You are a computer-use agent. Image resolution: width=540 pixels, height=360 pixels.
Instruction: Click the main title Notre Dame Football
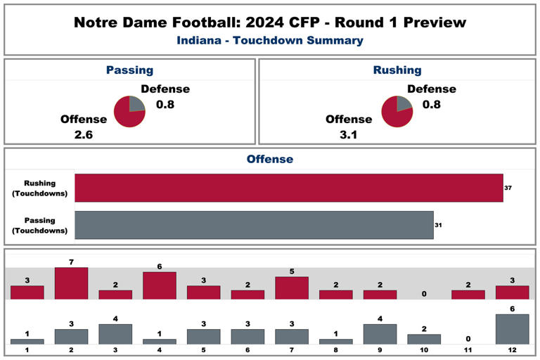click(x=270, y=22)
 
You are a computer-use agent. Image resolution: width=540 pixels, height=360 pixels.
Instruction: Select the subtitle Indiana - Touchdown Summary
click(x=270, y=41)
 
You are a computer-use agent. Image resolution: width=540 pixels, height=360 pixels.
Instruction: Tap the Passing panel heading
click(x=129, y=70)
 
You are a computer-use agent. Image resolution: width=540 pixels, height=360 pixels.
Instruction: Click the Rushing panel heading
click(x=397, y=70)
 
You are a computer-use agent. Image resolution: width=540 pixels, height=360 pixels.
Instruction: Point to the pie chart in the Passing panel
click(x=129, y=111)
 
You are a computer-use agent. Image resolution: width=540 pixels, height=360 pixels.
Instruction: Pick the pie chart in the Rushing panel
click(x=397, y=111)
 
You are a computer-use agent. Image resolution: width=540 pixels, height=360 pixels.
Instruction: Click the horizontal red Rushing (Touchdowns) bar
click(x=288, y=188)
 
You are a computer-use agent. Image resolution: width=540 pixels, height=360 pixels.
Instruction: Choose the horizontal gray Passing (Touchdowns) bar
click(x=254, y=225)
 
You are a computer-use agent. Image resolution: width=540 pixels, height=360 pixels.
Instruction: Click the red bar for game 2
click(x=71, y=283)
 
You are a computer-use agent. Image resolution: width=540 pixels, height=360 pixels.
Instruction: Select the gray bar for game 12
click(x=513, y=329)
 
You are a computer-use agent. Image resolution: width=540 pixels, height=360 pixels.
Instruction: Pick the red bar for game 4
click(x=160, y=285)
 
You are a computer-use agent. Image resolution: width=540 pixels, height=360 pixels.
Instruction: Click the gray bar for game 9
click(x=380, y=334)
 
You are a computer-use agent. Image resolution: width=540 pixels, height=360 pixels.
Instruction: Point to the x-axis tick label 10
click(x=424, y=349)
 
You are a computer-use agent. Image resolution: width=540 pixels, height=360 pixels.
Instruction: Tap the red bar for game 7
click(x=292, y=288)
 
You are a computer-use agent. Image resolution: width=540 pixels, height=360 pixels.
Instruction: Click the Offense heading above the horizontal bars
click(x=270, y=160)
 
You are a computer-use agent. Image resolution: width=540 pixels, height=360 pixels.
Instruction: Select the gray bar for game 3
click(x=115, y=334)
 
